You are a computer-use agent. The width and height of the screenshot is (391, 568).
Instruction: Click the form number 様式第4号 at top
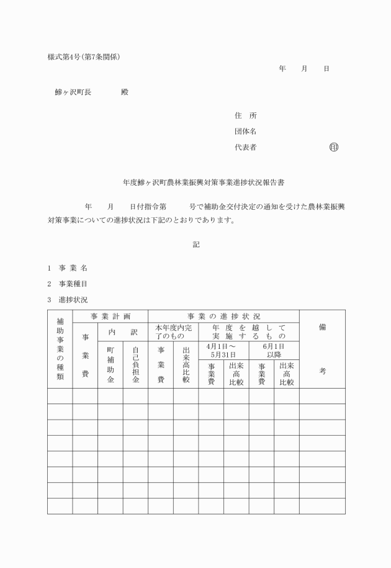pyautogui.click(x=68, y=57)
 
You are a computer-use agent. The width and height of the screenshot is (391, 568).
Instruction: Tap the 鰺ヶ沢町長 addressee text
pyautogui.click(x=73, y=92)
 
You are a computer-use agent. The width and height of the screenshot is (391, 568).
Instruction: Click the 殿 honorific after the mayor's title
pyautogui.click(x=124, y=92)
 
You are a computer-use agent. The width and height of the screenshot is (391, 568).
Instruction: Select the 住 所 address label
pyautogui.click(x=246, y=116)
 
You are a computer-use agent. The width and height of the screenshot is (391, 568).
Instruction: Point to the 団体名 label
pyautogui.click(x=246, y=132)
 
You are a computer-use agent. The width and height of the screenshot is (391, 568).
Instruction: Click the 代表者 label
pyautogui.click(x=246, y=148)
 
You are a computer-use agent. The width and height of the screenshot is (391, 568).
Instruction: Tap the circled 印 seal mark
pyautogui.click(x=334, y=148)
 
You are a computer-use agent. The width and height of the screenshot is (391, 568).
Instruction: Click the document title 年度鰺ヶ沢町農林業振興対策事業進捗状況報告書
pyautogui.click(x=195, y=183)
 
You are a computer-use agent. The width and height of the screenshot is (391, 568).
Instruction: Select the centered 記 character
pyautogui.click(x=196, y=245)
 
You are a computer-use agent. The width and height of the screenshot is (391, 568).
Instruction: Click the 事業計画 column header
pyautogui.click(x=110, y=316)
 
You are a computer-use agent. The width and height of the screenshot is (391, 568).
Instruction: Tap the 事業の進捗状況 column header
pyautogui.click(x=223, y=316)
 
